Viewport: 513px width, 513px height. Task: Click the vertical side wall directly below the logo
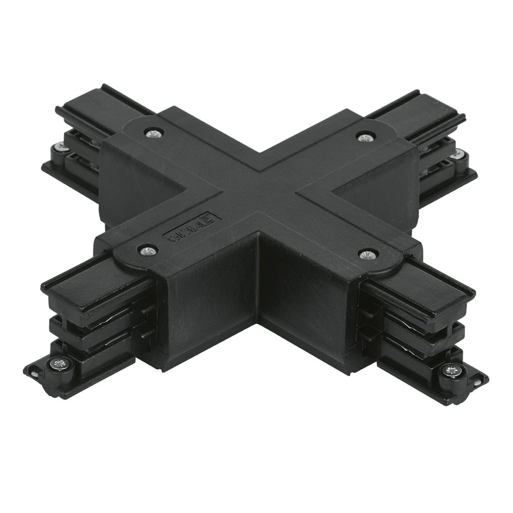[x=210, y=298]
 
